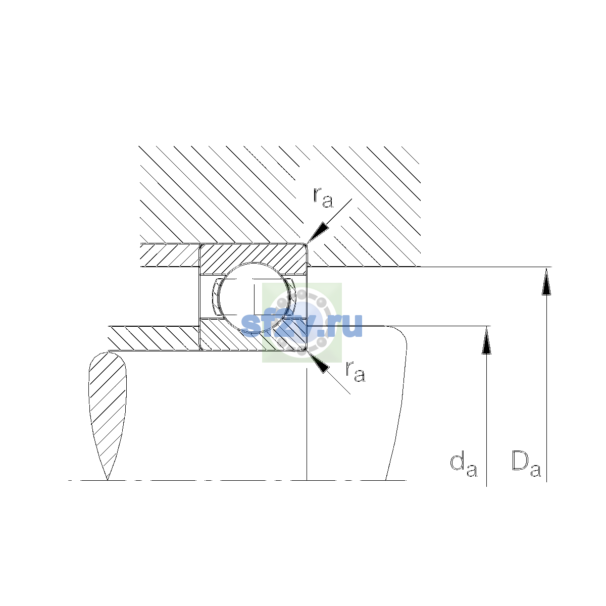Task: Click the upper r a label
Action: [323, 198]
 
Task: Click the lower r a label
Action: [355, 372]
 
